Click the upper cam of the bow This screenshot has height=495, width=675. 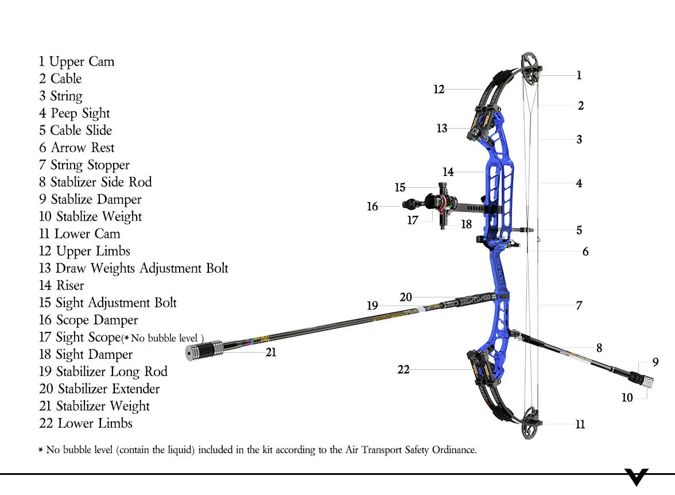531,68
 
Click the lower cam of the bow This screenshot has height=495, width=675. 532,424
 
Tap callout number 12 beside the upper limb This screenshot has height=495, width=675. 439,90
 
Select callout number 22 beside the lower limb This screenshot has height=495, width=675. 404,370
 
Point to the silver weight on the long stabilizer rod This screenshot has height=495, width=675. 204,350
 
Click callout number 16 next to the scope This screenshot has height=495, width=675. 373,206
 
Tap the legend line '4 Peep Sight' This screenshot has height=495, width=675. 74,114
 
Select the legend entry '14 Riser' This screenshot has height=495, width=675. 61,286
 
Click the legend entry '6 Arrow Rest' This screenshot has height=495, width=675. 76,148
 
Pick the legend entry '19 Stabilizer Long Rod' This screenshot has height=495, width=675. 103,372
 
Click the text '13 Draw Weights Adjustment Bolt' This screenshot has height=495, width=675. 133,269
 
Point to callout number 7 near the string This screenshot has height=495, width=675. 579,305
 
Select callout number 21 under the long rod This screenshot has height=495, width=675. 271,353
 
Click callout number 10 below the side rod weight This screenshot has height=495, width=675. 627,397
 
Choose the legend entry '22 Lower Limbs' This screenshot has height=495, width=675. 86,424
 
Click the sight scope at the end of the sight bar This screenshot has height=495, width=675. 435,202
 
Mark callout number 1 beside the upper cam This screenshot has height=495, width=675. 579,75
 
